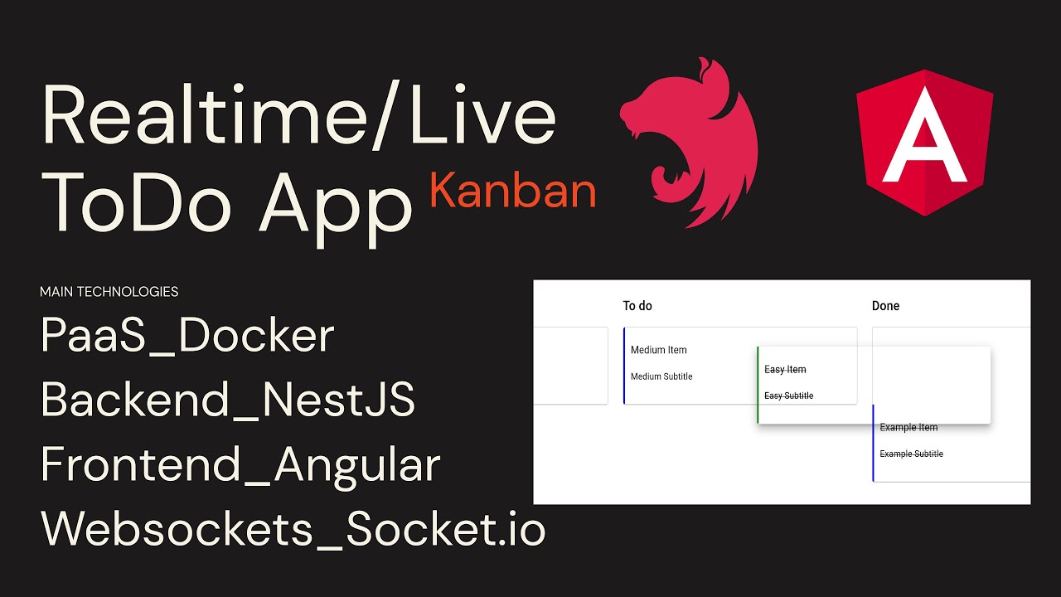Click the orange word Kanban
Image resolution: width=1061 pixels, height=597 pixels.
(x=513, y=191)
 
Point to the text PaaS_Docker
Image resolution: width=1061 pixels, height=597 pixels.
(x=187, y=336)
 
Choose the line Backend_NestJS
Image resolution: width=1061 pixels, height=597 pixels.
(x=227, y=400)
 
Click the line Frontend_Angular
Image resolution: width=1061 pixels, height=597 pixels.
(x=240, y=465)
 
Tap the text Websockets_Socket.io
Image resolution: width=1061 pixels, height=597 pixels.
(x=293, y=527)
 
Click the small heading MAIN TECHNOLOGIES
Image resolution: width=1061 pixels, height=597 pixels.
(x=109, y=292)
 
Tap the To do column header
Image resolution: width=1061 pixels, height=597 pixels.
(x=637, y=306)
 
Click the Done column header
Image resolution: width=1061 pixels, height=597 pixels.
(x=885, y=306)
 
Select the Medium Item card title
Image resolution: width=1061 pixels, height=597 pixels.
(x=658, y=350)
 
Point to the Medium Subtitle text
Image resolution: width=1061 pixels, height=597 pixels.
(x=661, y=376)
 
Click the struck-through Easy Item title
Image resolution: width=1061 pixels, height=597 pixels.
(x=785, y=370)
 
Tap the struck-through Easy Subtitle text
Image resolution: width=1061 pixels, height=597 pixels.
(x=788, y=396)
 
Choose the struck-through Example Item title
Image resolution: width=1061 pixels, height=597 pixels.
(x=908, y=428)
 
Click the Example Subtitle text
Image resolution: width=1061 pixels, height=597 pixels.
(x=911, y=454)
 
